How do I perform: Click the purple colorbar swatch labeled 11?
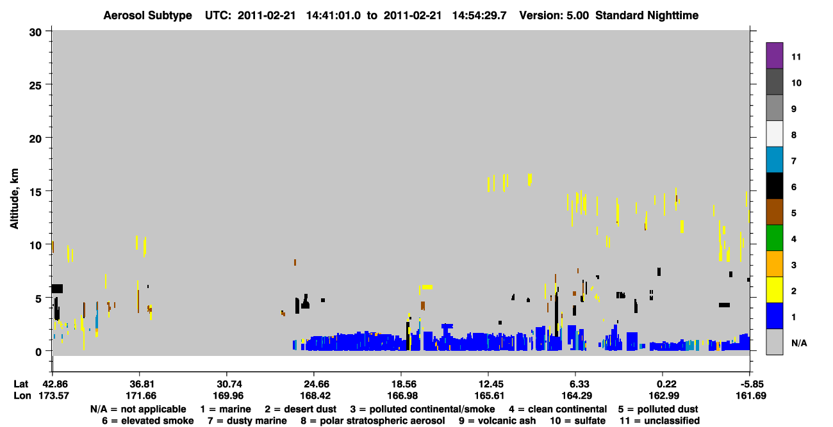pos(774,55)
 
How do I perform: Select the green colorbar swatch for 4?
pos(774,238)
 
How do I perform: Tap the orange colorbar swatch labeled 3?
pos(774,264)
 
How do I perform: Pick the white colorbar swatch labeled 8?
pos(774,134)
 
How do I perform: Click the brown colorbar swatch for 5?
pos(774,212)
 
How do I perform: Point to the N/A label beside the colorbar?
pos(799,343)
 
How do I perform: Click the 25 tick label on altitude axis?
pos(35,86)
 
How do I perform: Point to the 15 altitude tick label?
pos(35,193)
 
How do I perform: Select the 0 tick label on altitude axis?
pos(38,352)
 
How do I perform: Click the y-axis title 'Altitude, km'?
pos(14,199)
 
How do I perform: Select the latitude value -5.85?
pos(751,384)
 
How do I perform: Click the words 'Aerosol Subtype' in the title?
pos(147,15)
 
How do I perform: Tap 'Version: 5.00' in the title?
pos(554,15)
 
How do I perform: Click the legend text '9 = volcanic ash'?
pos(497,421)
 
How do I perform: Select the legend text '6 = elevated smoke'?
pos(148,421)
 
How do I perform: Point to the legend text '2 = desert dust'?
pos(301,409)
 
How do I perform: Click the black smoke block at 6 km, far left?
pos(57,289)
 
